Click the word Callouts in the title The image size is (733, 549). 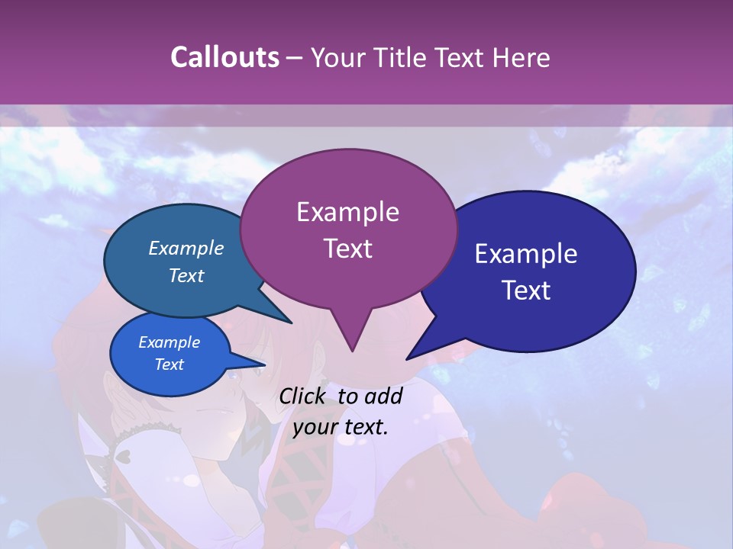pos(224,57)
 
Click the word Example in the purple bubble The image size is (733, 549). pos(347,212)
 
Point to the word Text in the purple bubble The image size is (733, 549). pos(347,249)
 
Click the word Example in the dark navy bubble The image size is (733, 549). pos(525,254)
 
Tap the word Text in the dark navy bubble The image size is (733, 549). pos(526,291)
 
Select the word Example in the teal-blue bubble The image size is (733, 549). pos(186,249)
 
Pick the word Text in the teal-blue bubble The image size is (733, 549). pos(186,276)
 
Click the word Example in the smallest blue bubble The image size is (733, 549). pos(169,342)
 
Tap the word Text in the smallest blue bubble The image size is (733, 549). pos(169,364)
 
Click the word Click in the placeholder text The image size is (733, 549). pos(303,396)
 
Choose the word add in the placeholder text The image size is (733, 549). pos(383,396)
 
